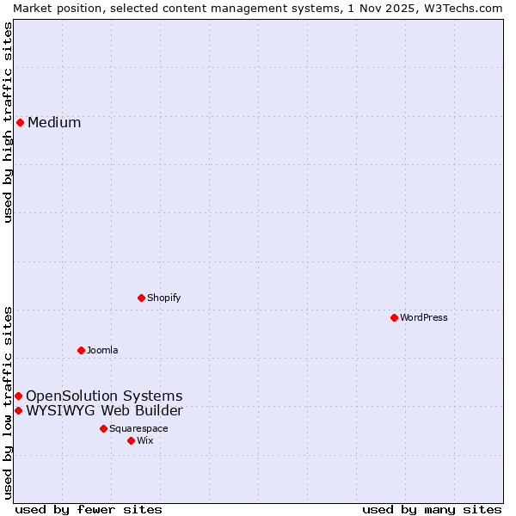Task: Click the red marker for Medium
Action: point(20,122)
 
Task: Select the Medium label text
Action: point(54,122)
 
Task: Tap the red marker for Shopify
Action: point(142,298)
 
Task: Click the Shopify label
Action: point(163,298)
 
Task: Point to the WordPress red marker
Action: point(395,317)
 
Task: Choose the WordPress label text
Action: point(424,317)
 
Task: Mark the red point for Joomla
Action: point(82,350)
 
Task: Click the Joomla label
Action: point(102,350)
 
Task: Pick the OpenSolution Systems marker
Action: point(18,396)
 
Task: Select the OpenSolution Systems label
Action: point(104,396)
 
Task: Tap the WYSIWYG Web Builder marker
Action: point(18,410)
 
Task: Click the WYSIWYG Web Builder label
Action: point(104,410)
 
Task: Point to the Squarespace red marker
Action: point(103,428)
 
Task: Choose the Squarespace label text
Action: point(138,428)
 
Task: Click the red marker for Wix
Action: point(131,440)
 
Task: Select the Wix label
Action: point(144,440)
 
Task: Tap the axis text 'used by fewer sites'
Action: point(89,509)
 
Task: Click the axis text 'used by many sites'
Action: point(432,509)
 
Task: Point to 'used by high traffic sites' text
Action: point(8,122)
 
